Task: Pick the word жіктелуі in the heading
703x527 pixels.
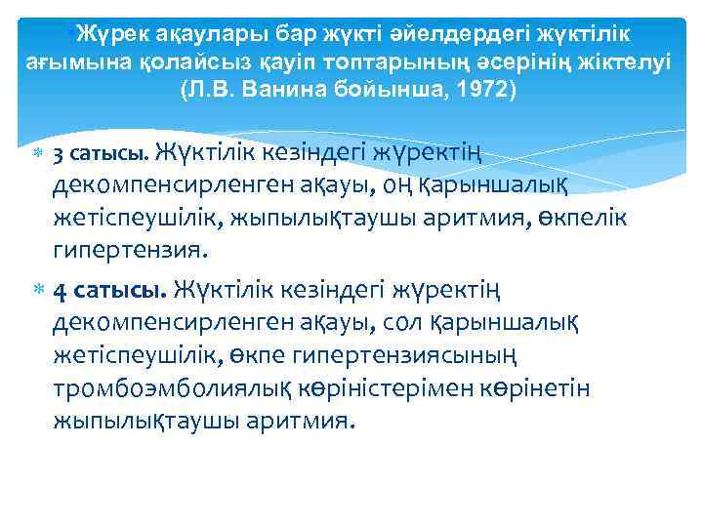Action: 629,61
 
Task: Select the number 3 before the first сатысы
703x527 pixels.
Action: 59,154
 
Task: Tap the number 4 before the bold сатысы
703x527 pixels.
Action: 60,290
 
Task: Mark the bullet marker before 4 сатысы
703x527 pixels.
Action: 38,290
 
